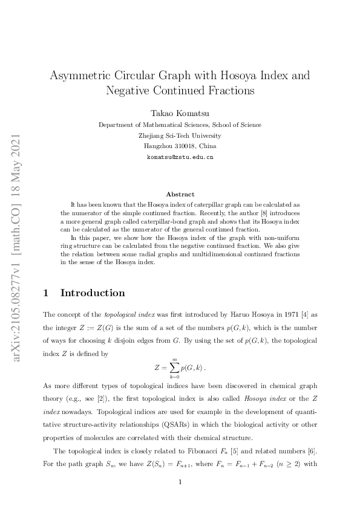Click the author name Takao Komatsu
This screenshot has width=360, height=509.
(x=180, y=112)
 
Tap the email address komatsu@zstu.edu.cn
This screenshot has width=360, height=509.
(x=180, y=157)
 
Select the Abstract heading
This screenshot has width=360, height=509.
(x=180, y=194)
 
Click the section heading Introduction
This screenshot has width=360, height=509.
(x=93, y=293)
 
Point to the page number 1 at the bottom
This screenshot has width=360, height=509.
(x=180, y=482)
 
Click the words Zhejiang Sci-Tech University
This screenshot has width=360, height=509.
(x=180, y=135)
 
